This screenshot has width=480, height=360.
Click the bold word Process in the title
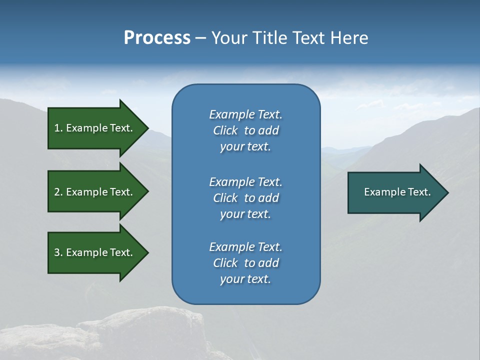[157, 38]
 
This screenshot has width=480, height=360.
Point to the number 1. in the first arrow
[58, 128]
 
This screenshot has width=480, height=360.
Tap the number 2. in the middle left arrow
[58, 192]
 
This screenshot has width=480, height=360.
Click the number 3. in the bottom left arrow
[58, 252]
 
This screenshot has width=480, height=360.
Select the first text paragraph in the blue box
[245, 130]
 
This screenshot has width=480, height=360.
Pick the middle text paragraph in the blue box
[245, 197]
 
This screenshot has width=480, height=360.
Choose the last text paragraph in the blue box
[245, 263]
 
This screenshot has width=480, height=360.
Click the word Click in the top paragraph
[225, 130]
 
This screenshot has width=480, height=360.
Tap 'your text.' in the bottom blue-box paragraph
[245, 279]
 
